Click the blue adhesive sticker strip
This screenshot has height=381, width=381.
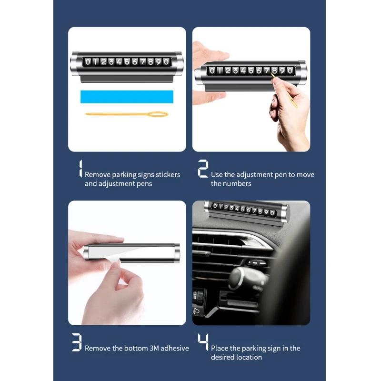point(127,97)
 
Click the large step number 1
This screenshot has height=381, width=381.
point(80,169)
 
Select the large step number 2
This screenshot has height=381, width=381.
point(203,169)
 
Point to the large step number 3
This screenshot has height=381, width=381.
point(77,342)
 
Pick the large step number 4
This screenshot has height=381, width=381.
point(203,342)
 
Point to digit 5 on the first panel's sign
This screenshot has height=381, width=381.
point(127,62)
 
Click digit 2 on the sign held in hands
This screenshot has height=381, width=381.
point(228,70)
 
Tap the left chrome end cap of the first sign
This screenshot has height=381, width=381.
point(75,64)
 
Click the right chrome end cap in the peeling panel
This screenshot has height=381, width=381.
point(177,253)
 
